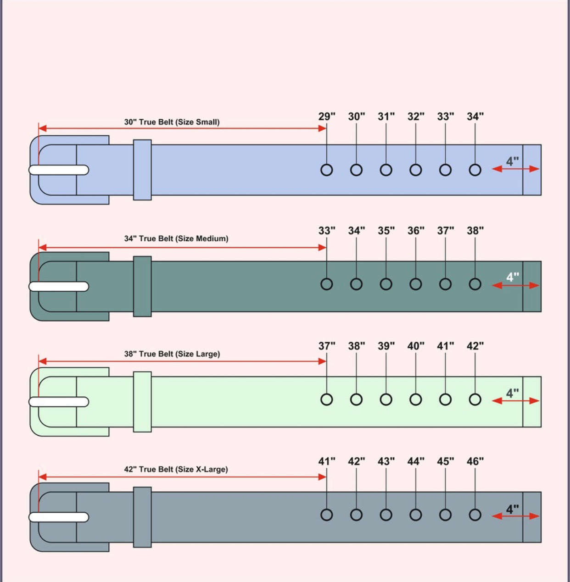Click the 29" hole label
pyautogui.click(x=327, y=116)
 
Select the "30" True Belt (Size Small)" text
pyautogui.click(x=172, y=122)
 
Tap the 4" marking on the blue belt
pyautogui.click(x=512, y=161)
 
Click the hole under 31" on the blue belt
pyautogui.click(x=386, y=170)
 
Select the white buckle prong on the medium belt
pyautogui.click(x=59, y=287)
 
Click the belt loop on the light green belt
pyautogui.click(x=142, y=402)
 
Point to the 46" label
pyautogui.click(x=475, y=461)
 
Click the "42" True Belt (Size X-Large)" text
pyautogui.click(x=176, y=469)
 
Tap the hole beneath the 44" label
pyautogui.click(x=416, y=515)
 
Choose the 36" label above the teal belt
pyautogui.click(x=416, y=231)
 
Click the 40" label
pyautogui.click(x=416, y=346)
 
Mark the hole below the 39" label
pyautogui.click(x=386, y=399)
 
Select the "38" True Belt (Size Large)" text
pyautogui.click(x=172, y=354)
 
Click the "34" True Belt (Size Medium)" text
pyautogui.click(x=176, y=238)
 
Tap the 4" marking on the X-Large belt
pyautogui.click(x=512, y=509)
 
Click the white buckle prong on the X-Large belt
pyautogui.click(x=59, y=517)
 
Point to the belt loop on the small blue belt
pyautogui.click(x=142, y=170)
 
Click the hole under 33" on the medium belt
pyautogui.click(x=327, y=284)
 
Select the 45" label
pyautogui.click(x=445, y=461)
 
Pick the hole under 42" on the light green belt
pyautogui.click(x=475, y=399)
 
